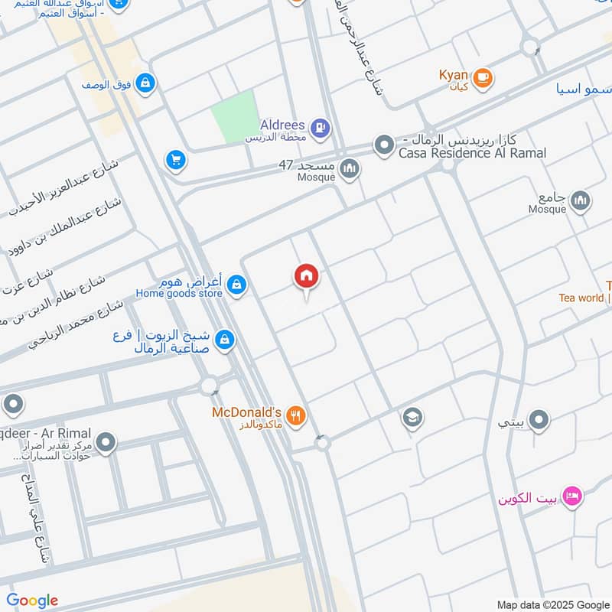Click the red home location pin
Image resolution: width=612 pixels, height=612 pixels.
pyautogui.click(x=306, y=276)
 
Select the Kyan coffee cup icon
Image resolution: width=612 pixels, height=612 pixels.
pyautogui.click(x=482, y=77)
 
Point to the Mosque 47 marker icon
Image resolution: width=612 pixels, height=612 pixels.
pyautogui.click(x=350, y=168)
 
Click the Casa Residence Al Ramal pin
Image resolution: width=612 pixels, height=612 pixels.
pyautogui.click(x=383, y=144)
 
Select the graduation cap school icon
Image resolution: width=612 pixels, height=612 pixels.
pyautogui.click(x=412, y=418)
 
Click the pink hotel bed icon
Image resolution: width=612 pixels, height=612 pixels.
pyautogui.click(x=571, y=498)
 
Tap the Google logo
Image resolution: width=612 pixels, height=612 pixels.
pyautogui.click(x=32, y=601)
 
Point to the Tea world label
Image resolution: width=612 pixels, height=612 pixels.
pyautogui.click(x=581, y=298)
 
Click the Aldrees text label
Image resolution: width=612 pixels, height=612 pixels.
pyautogui.click(x=282, y=125)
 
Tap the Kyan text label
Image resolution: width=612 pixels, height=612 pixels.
pyautogui.click(x=453, y=75)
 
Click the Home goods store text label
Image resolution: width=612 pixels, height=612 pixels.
pyautogui.click(x=179, y=293)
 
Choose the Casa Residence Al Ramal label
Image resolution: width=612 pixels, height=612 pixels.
pyautogui.click(x=472, y=153)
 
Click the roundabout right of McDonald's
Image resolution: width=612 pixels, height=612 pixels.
pyautogui.click(x=322, y=442)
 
